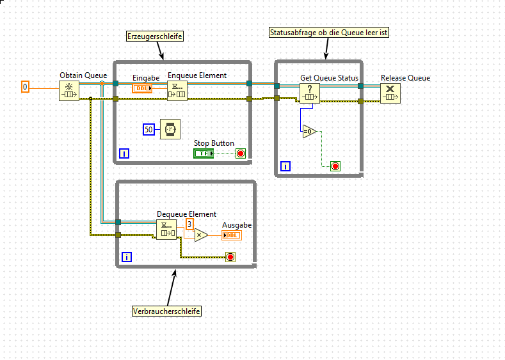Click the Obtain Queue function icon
(69, 91)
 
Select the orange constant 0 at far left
(25, 86)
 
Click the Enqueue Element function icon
(177, 91)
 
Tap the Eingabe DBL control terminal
(142, 88)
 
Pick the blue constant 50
(148, 130)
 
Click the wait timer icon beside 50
(170, 129)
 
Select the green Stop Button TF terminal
(204, 153)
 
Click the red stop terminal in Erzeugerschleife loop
(241, 153)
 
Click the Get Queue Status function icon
(310, 93)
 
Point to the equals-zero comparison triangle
(309, 131)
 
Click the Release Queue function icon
(390, 93)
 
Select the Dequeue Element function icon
(166, 229)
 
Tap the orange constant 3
(189, 224)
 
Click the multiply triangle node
(201, 235)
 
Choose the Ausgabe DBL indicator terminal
(232, 235)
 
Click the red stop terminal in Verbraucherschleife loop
(230, 257)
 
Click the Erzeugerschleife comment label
(155, 36)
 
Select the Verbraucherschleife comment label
(166, 311)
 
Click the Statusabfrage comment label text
(329, 32)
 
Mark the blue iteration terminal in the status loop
(285, 166)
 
